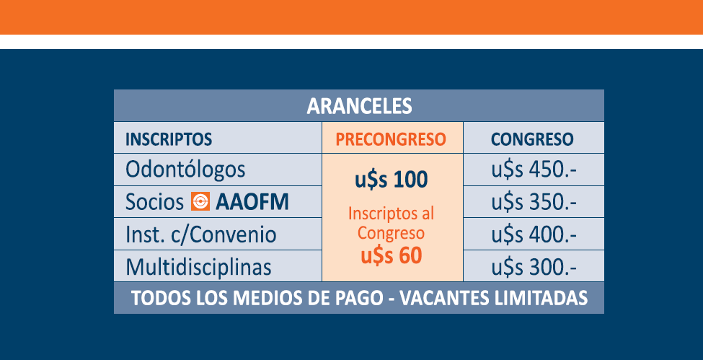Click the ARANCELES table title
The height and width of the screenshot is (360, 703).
point(359,106)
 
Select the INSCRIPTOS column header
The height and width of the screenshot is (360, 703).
point(169,139)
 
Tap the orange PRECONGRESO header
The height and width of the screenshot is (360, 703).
point(391,139)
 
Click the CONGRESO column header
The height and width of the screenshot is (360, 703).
point(532,139)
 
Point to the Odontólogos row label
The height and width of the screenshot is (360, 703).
point(185,170)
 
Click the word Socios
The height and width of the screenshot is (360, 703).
point(155,203)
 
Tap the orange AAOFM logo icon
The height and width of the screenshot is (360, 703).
point(200,201)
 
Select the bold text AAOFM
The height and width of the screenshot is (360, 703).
point(252,203)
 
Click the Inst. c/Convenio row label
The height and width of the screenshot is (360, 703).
point(201,235)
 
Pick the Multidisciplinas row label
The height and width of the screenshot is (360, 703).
point(198,267)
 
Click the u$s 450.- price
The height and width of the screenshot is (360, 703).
point(534,170)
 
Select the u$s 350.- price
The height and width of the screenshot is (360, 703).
point(534,203)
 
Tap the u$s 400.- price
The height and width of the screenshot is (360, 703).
point(534,234)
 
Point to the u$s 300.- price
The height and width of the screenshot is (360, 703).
point(534,268)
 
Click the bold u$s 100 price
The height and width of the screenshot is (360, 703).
point(392,180)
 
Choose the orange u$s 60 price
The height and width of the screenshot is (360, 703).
point(392,256)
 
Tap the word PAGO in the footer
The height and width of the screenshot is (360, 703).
point(355,298)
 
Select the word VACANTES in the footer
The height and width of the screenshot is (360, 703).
point(444,298)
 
